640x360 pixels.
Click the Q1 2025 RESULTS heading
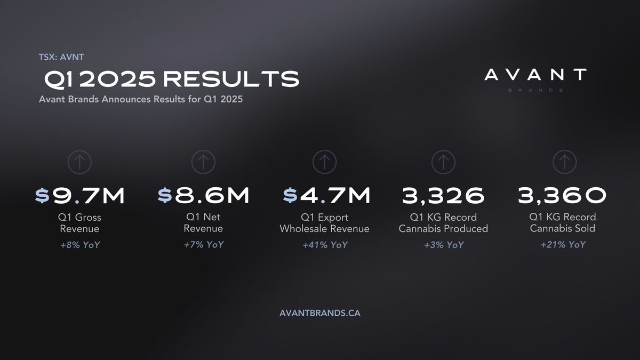coord(171,79)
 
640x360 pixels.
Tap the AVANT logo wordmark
coord(535,75)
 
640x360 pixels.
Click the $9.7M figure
coord(80,196)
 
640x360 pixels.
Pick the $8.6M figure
coord(203,196)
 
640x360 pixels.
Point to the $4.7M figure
coord(326,196)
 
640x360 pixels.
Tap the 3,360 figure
coord(562,196)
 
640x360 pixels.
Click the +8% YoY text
coord(81,244)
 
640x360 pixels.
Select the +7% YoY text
coord(203,244)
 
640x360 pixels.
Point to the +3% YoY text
coord(443,244)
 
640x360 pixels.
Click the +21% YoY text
coord(562,244)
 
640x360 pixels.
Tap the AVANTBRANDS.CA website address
coord(320,313)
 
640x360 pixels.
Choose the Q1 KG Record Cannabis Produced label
coord(443,223)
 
